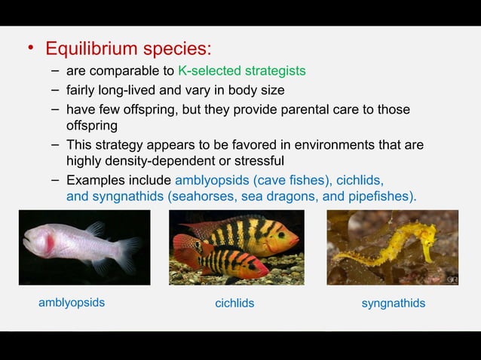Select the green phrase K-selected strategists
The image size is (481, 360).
241,71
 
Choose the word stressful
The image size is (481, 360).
259,160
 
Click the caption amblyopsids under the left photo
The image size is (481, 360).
72,303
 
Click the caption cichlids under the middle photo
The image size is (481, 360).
234,304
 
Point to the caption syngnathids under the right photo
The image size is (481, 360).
393,304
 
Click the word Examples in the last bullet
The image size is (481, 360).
95,180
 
